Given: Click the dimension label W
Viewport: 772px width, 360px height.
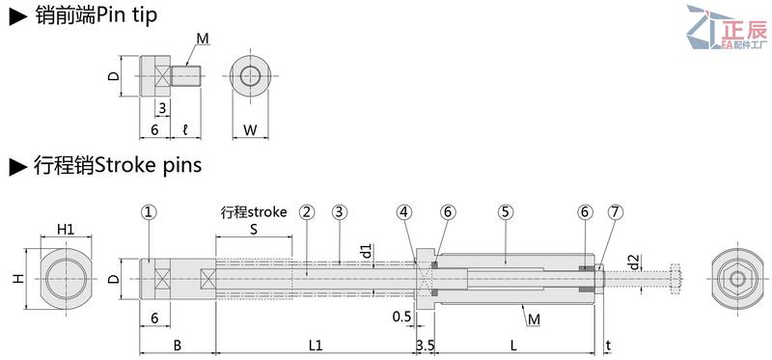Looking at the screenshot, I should click(x=249, y=129).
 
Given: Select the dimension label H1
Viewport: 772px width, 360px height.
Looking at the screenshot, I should click(x=66, y=229).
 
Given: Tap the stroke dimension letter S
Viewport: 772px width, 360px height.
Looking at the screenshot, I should click(x=254, y=230).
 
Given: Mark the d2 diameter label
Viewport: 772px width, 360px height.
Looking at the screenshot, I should click(x=633, y=262).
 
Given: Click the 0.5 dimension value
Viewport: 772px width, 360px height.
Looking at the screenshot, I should click(x=403, y=317).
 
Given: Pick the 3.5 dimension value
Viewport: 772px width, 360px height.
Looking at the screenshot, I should click(x=425, y=345).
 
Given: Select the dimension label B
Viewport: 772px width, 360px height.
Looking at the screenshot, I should click(x=178, y=345).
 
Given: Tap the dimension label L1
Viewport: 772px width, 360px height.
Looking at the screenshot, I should click(x=315, y=345).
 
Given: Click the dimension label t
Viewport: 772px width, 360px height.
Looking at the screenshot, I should click(x=608, y=345).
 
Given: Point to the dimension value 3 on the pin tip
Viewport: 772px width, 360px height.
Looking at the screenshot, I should click(x=161, y=107).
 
